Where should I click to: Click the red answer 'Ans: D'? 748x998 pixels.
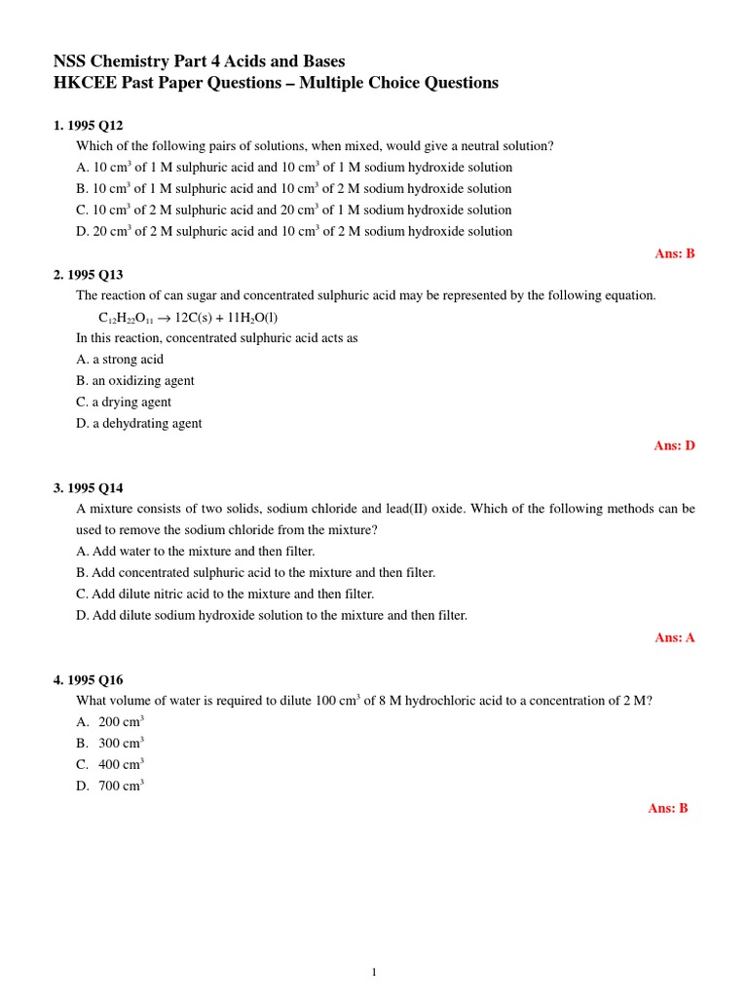[x=674, y=445]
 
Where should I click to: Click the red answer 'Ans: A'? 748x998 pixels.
[x=674, y=637]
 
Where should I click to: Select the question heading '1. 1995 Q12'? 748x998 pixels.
[x=88, y=126]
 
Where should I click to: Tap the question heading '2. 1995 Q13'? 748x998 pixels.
[x=88, y=275]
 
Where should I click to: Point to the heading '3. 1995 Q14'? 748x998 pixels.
[x=88, y=488]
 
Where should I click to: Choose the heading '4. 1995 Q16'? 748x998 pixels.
[x=88, y=680]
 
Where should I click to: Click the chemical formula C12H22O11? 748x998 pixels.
[x=126, y=319]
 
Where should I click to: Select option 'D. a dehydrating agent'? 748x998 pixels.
[x=139, y=424]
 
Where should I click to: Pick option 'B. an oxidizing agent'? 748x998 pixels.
[x=135, y=381]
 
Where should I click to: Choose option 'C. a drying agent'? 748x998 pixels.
[x=124, y=403]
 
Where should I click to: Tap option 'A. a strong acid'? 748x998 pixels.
[x=120, y=360]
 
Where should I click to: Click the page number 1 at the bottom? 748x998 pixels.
[x=374, y=972]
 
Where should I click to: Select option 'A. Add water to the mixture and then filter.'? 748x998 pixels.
[x=196, y=552]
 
